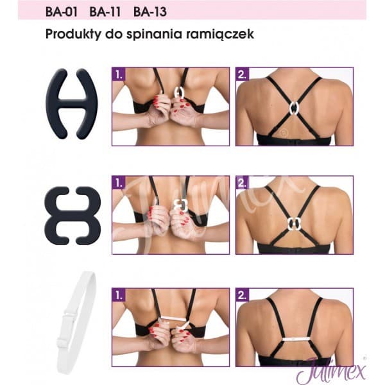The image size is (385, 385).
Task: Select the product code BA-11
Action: point(106,12)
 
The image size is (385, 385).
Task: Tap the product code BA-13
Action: point(148,12)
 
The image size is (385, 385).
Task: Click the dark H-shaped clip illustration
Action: point(73,103)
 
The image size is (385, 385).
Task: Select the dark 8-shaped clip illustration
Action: point(73,216)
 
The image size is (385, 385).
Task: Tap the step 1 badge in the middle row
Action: point(118,183)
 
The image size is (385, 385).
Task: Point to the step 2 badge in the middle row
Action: point(242,183)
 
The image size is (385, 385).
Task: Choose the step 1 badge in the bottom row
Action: point(118,296)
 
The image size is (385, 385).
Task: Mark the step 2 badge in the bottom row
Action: point(242,296)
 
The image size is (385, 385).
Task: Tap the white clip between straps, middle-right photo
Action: point(295,224)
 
